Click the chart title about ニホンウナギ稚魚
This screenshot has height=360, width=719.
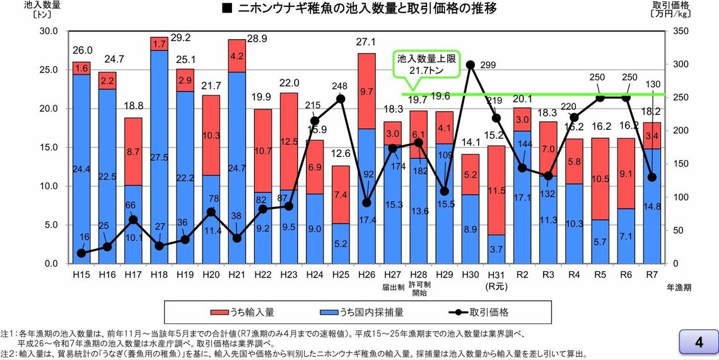[x=359, y=9]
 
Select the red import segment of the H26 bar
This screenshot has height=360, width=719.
[x=366, y=91]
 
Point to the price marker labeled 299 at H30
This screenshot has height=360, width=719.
[x=470, y=64]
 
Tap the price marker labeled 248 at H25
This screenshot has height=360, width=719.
[x=341, y=98]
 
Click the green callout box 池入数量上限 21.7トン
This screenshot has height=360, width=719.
[x=424, y=65]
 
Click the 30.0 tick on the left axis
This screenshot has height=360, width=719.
[x=48, y=30]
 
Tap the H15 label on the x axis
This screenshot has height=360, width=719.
[x=81, y=276]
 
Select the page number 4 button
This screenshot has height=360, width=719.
[x=698, y=342]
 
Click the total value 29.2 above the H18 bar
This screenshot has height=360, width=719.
[x=181, y=38]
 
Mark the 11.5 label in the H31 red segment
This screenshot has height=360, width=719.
[x=496, y=190]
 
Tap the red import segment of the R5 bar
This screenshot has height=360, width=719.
[x=599, y=178]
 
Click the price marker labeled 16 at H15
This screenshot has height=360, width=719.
[x=81, y=253]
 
